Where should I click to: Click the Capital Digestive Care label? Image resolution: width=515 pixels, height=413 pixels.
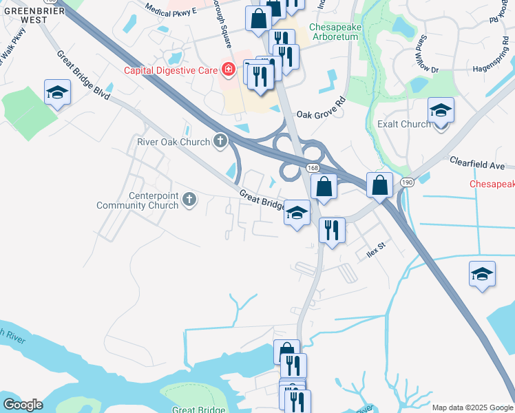pyautogui.click(x=170, y=70)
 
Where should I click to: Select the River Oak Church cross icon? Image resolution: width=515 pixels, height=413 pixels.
pyautogui.click(x=220, y=142)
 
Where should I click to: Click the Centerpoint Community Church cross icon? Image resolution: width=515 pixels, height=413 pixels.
pyautogui.click(x=190, y=201)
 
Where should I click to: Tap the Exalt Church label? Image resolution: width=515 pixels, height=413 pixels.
pyautogui.click(x=404, y=125)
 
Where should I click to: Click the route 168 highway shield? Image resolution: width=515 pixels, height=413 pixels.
pyautogui.click(x=313, y=168)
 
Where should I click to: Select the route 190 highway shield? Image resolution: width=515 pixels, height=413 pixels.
pyautogui.click(x=407, y=182)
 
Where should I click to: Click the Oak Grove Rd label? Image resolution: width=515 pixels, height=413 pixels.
pyautogui.click(x=321, y=109)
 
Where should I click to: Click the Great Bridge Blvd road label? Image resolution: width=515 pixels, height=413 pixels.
pyautogui.click(x=83, y=75)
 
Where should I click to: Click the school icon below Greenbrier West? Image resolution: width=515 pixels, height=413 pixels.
pyautogui.click(x=57, y=92)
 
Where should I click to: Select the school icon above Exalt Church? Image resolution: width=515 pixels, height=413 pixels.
pyautogui.click(x=441, y=110)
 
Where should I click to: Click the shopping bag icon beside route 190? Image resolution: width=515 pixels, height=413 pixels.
pyautogui.click(x=379, y=184)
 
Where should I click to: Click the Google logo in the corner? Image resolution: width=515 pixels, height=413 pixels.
pyautogui.click(x=22, y=404)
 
